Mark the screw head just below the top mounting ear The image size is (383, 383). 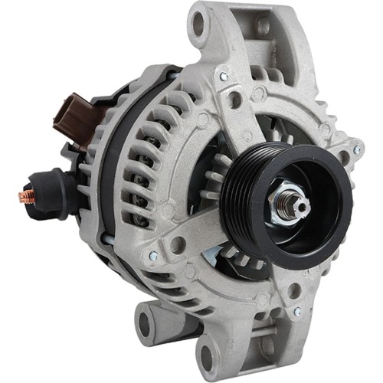(224, 77)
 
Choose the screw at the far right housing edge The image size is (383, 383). (356, 149)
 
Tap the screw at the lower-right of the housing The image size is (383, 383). (296, 312)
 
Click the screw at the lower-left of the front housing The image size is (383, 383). (153, 255)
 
